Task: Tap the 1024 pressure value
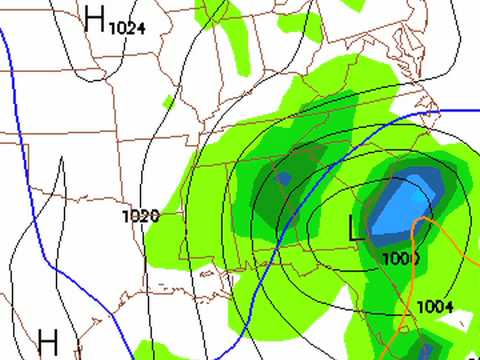(127, 28)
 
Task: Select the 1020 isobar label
(141, 215)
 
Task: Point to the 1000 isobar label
(400, 259)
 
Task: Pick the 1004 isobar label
(434, 306)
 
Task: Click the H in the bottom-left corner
(48, 339)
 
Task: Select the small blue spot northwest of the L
(283, 179)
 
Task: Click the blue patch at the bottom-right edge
(428, 351)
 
